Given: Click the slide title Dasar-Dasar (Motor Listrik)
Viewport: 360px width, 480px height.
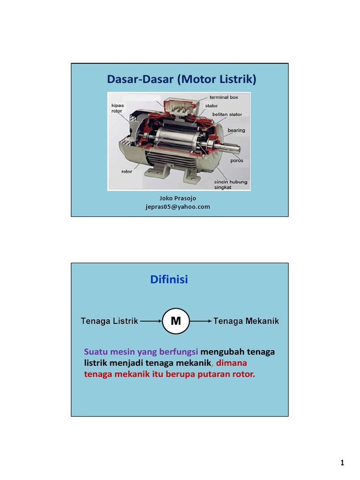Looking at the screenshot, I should point(181,80).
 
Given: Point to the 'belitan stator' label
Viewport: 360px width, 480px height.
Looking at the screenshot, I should point(227,114).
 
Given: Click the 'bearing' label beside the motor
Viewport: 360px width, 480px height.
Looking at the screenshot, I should point(236,130).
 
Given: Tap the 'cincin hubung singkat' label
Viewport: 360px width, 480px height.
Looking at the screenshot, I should point(231,184).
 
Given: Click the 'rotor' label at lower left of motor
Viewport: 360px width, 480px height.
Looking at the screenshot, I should point(127,172).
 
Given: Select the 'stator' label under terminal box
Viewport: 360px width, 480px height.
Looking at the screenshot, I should point(211,105).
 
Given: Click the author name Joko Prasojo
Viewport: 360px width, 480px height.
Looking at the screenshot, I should point(178,198).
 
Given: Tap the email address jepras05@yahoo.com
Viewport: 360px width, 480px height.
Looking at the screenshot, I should point(178,207).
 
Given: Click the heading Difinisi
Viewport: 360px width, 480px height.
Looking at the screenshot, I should point(169,280).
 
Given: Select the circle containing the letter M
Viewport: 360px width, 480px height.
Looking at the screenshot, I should point(176,321).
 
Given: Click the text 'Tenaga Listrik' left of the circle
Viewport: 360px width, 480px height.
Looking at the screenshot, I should point(109,321).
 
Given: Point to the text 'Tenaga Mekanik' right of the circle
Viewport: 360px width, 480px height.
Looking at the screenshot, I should point(246,321).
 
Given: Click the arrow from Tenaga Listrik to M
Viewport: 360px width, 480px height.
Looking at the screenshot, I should point(150,322).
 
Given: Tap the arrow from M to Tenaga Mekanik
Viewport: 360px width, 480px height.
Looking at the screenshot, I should point(201,322).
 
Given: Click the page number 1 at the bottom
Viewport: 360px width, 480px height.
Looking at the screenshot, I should point(342,463).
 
